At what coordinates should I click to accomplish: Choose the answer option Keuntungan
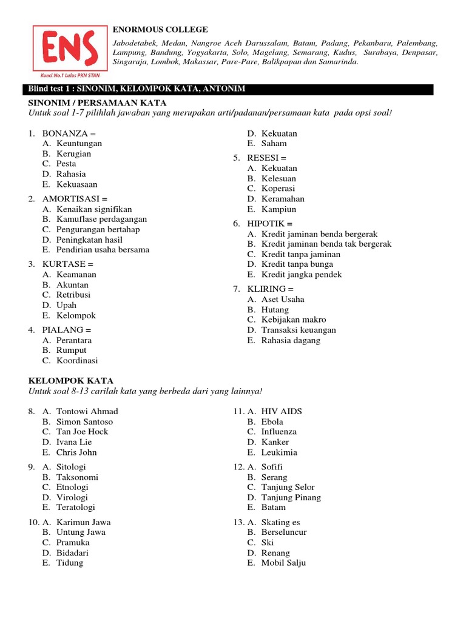79,144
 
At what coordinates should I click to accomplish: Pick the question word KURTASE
64,264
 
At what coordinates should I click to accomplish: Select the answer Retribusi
73,295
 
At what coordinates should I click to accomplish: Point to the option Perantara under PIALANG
74,340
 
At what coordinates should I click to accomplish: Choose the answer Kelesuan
279,179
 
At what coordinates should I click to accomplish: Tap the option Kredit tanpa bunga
297,264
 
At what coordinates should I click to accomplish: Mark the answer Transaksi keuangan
299,330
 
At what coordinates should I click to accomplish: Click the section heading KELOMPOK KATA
72,380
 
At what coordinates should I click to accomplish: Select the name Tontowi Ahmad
87,411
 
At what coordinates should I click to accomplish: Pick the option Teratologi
76,507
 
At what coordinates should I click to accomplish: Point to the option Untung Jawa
81,532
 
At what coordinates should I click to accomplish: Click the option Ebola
272,421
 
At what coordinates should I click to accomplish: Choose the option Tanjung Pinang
291,497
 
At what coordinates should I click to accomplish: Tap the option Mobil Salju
283,563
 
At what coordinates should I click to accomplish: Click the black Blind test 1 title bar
231,89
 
